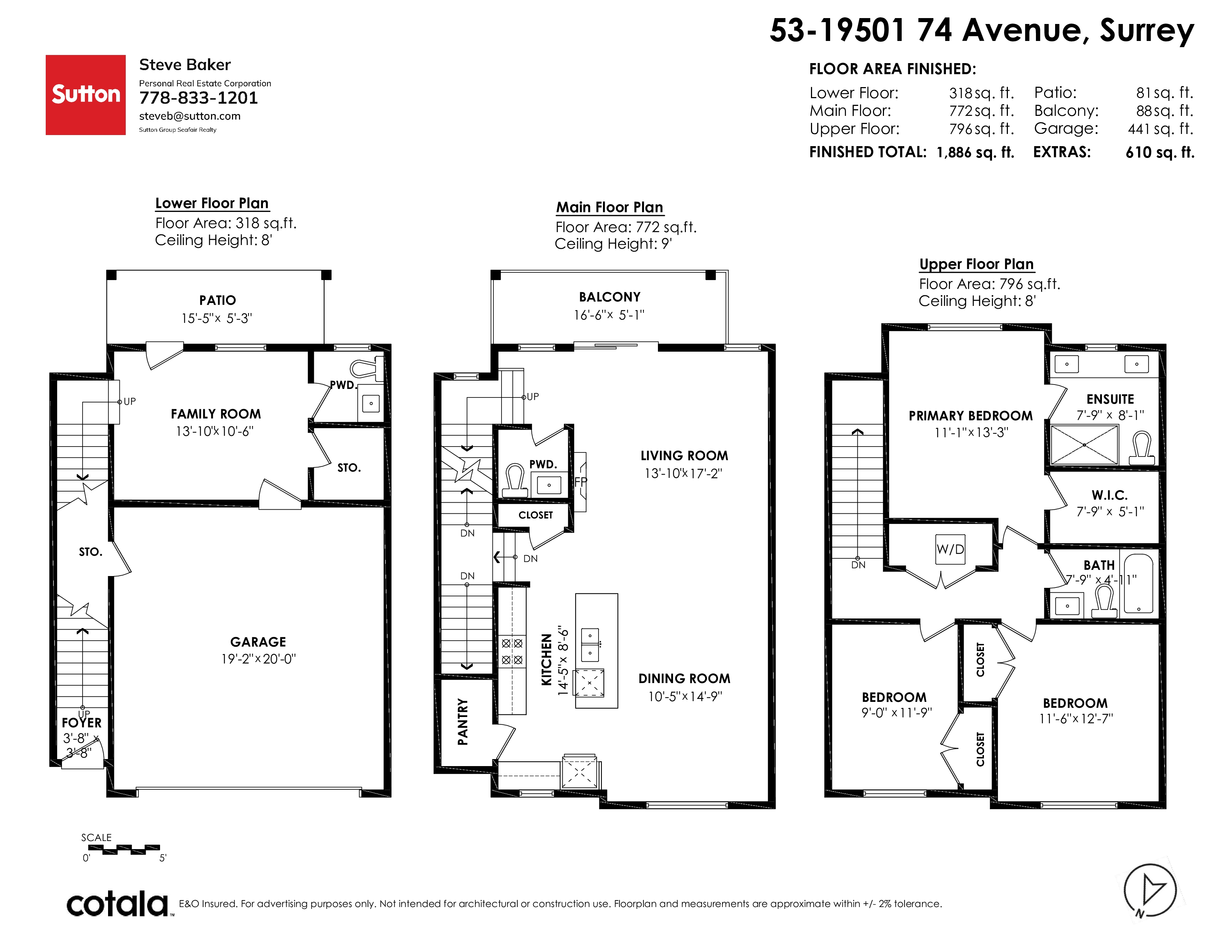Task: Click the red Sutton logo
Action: [x=85, y=95]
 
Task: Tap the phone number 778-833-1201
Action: [x=198, y=98]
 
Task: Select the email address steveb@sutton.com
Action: [x=190, y=116]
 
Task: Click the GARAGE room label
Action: [x=258, y=642]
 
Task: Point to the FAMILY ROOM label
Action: [x=216, y=414]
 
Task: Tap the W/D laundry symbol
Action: [x=950, y=549]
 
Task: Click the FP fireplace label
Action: [x=580, y=482]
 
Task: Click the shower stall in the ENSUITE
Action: [x=1084, y=445]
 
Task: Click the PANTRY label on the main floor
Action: [x=462, y=722]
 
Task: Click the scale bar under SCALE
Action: [x=124, y=849]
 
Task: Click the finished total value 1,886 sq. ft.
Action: [x=975, y=152]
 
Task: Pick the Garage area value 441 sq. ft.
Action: [x=1161, y=129]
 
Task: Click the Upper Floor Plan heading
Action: [x=976, y=264]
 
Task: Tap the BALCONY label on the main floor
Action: [x=610, y=297]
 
